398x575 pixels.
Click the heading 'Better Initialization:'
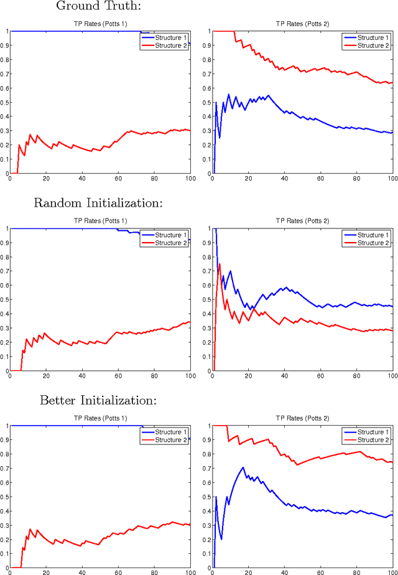[x=98, y=400]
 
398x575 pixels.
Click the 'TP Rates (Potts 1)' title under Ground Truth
[x=100, y=24]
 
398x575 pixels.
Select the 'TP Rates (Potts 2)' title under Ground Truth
[x=302, y=24]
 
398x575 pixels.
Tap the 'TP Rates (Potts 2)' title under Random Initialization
[x=302, y=222]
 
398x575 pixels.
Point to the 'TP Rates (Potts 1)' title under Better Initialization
[x=100, y=419]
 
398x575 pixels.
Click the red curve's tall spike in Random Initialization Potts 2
[x=219, y=264]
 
